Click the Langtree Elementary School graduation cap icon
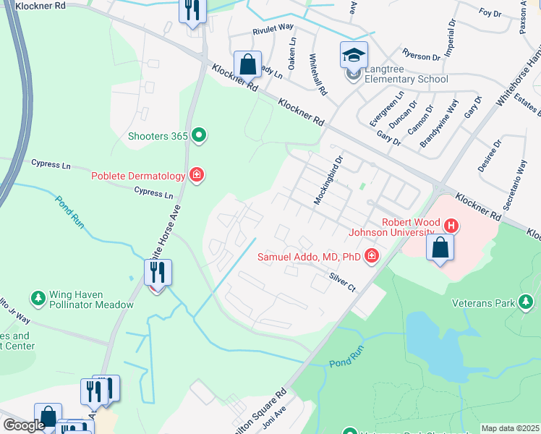354,55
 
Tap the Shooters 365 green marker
199,135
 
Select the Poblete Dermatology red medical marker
196,174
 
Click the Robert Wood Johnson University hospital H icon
451,225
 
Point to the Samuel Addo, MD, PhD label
310,257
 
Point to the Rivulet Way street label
273,29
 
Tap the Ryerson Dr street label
421,56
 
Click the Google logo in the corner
23,425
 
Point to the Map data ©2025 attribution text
510,428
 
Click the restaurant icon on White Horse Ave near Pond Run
158,273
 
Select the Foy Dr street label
490,12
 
